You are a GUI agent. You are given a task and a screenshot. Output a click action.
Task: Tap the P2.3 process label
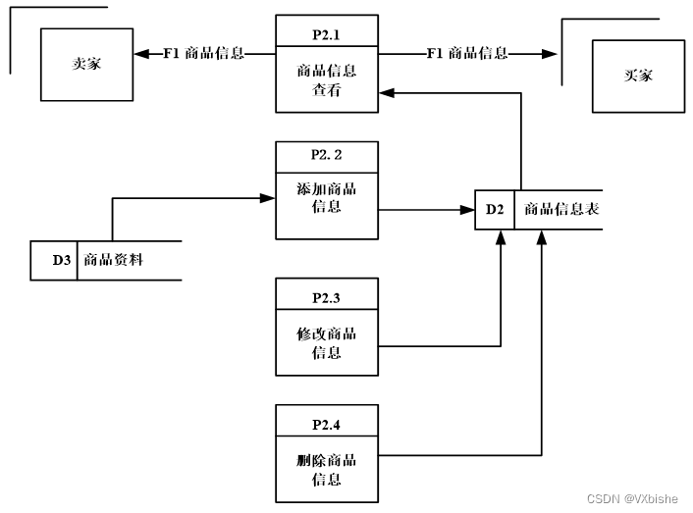pos(326,296)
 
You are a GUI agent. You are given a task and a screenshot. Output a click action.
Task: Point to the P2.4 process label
pos(326,425)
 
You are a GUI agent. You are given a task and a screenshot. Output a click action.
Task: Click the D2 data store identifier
pos(494,209)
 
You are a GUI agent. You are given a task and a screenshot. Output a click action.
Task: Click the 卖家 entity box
pos(86,63)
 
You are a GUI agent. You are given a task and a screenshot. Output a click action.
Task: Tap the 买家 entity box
pos(637,76)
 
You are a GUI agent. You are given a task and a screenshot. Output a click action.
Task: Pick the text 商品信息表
pos(560,209)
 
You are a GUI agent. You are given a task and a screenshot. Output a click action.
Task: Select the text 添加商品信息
pos(326,197)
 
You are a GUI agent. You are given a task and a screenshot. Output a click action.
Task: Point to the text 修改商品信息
pos(326,342)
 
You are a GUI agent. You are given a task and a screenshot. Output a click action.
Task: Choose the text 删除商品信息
pos(326,470)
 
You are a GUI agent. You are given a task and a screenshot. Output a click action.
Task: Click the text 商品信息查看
pos(326,79)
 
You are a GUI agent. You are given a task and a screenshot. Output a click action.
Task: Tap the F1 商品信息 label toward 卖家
pos(203,53)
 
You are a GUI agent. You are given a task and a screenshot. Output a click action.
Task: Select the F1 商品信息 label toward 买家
pos(467,53)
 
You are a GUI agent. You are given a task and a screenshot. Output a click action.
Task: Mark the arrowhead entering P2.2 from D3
pos(267,198)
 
